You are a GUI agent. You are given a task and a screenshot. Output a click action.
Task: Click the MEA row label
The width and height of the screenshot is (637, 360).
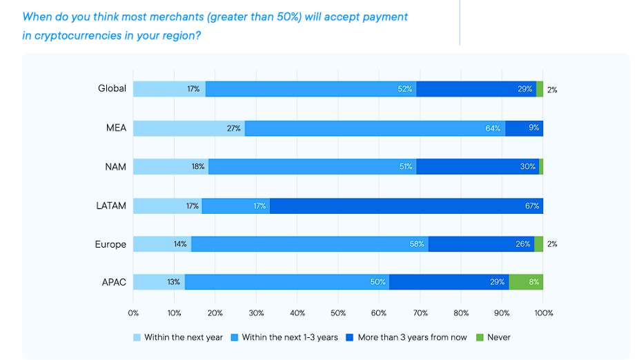[117, 128]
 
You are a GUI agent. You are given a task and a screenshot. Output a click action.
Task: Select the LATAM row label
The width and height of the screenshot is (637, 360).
[112, 206]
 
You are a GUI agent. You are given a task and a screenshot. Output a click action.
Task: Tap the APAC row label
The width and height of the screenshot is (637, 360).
[113, 281]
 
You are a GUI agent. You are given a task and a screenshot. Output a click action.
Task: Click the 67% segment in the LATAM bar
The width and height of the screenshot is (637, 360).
[406, 206]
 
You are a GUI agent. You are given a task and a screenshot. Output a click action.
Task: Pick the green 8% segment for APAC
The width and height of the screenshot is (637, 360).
[526, 281]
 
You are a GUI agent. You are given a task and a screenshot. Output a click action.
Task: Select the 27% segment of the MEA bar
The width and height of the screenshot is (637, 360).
[188, 128]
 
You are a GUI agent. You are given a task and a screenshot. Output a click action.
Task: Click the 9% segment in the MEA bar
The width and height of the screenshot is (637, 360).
[524, 128]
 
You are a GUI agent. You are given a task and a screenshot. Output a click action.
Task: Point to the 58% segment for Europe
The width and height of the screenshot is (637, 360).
[309, 243]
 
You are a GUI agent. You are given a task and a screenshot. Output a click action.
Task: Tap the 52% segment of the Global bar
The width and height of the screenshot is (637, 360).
[311, 88]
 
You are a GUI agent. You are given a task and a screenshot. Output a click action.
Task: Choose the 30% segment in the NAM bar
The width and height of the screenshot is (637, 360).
[478, 166]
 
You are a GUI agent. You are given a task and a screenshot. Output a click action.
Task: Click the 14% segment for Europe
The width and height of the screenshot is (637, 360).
[162, 243]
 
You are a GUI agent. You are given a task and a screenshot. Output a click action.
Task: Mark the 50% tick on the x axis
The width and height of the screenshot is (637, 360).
[338, 312]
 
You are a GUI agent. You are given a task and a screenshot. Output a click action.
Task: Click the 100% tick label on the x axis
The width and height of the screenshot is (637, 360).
[543, 312]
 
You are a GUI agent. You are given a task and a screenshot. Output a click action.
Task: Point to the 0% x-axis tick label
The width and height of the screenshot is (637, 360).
[133, 312]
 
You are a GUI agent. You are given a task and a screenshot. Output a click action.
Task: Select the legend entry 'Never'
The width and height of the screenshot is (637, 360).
[499, 337]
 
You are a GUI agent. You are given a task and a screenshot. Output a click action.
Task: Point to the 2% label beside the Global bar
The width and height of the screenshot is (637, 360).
[552, 89]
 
